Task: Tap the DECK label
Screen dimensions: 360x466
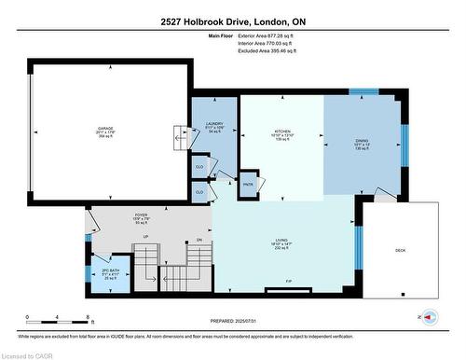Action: [401, 250]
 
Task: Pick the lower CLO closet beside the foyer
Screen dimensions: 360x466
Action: [199, 192]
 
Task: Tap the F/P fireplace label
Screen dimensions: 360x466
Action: [289, 281]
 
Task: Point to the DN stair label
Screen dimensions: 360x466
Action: [199, 240]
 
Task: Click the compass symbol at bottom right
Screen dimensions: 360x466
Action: [430, 317]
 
